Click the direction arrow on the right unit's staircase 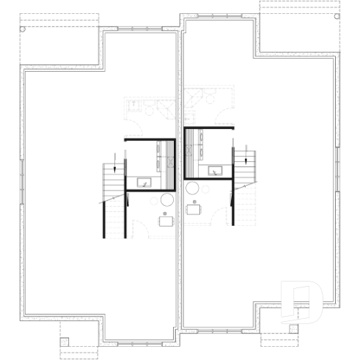click(245, 155)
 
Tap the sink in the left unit click(142, 182)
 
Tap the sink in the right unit click(217, 172)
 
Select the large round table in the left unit click(166, 200)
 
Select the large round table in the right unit click(194, 188)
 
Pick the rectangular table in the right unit click(194, 209)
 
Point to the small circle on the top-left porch click(23, 30)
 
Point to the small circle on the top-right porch click(339, 18)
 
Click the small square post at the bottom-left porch click(64, 341)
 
